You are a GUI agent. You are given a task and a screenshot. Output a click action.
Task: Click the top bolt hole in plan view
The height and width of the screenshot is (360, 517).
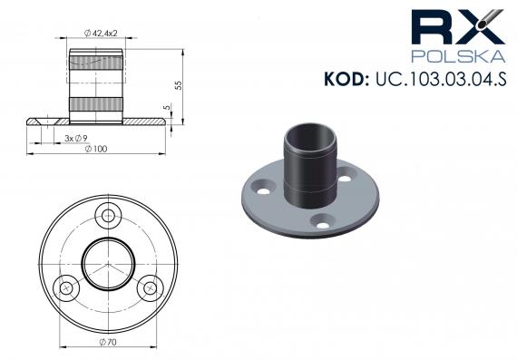tap(111, 215)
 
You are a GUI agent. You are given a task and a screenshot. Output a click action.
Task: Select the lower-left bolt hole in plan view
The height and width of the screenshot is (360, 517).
tap(66, 288)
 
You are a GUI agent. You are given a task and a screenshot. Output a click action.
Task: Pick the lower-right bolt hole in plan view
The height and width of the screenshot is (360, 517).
tap(148, 288)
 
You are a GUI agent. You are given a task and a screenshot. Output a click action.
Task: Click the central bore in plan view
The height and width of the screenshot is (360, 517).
tap(109, 263)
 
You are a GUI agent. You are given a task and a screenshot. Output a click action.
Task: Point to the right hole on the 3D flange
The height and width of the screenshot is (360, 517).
tap(345, 179)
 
